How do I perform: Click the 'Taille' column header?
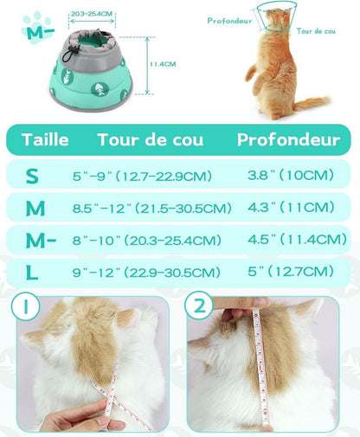tap(45, 140)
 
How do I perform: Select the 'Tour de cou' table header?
tap(151, 140)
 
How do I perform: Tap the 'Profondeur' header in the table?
tap(288, 140)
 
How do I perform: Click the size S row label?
tap(32, 176)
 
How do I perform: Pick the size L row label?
tap(32, 273)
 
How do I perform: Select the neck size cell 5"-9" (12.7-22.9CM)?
tap(142, 176)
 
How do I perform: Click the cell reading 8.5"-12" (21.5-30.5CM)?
tap(152, 209)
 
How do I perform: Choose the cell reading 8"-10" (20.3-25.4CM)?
tap(147, 241)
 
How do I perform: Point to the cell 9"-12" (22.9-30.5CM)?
tap(146, 273)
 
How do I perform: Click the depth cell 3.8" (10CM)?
tap(291, 175)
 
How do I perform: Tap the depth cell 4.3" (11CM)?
tap(291, 208)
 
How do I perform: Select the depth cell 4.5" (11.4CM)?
tap(297, 240)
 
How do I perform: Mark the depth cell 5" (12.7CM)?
tap(291, 272)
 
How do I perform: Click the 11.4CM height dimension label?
tap(163, 64)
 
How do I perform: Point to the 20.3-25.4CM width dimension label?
tap(92, 14)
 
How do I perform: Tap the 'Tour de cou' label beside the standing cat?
tap(316, 31)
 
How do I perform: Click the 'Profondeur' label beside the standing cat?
tap(229, 21)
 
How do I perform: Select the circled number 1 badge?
tap(26, 306)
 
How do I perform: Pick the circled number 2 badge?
tap(199, 305)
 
